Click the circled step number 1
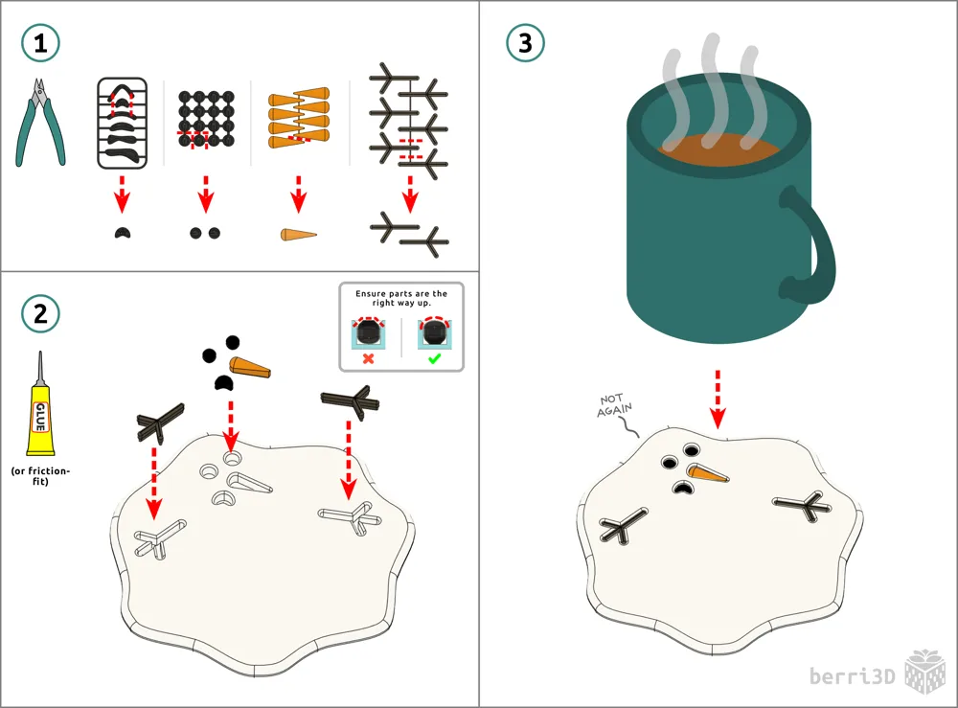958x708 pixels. [x=40, y=43]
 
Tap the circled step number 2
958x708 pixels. [x=40, y=314]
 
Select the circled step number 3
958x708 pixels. [x=525, y=43]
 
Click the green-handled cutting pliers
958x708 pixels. [x=39, y=123]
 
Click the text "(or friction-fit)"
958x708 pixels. [x=40, y=476]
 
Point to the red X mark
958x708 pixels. [x=369, y=358]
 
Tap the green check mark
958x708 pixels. [x=434, y=358]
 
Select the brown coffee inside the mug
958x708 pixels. [x=718, y=150]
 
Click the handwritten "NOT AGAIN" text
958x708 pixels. [x=614, y=405]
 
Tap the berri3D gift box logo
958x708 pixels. [x=925, y=672]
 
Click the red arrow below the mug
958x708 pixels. [x=718, y=399]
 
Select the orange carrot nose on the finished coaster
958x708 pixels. [x=708, y=473]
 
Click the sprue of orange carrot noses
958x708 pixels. [x=299, y=118]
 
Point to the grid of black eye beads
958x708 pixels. [x=207, y=119]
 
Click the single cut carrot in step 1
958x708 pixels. [x=299, y=235]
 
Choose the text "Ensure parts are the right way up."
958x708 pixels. [x=401, y=298]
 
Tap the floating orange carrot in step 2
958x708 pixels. [x=249, y=368]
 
